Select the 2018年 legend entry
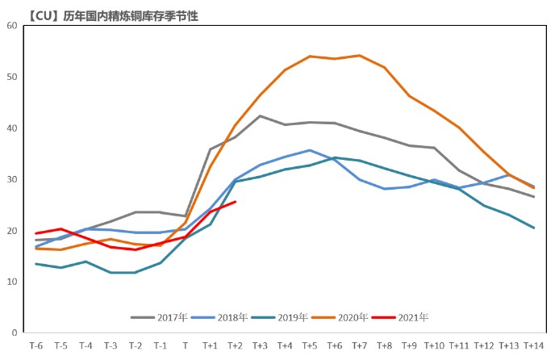(223, 317)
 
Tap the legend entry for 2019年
(285, 317)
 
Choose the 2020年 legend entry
(346, 317)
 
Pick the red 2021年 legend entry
(406, 317)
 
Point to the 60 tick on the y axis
(12, 25)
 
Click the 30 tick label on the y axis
(12, 179)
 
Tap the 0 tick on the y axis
(15, 333)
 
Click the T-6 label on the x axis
(36, 345)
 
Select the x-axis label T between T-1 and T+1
(186, 345)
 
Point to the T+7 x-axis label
(360, 345)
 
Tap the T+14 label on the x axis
(534, 345)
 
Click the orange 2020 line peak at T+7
(360, 56)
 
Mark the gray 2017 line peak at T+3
(260, 115)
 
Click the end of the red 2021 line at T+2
(235, 202)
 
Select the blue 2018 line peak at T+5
(310, 150)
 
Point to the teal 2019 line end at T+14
(534, 228)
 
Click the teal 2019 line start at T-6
(36, 264)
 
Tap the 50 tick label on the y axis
(12, 77)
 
